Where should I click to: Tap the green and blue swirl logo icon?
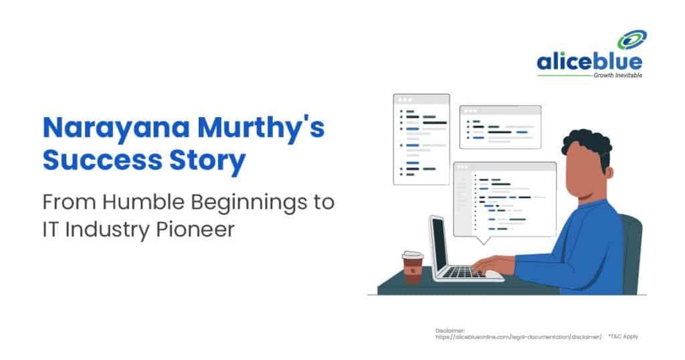(630, 41)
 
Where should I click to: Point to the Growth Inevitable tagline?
(617, 76)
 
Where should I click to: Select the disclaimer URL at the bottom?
(518, 337)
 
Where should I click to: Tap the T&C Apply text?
(623, 337)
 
